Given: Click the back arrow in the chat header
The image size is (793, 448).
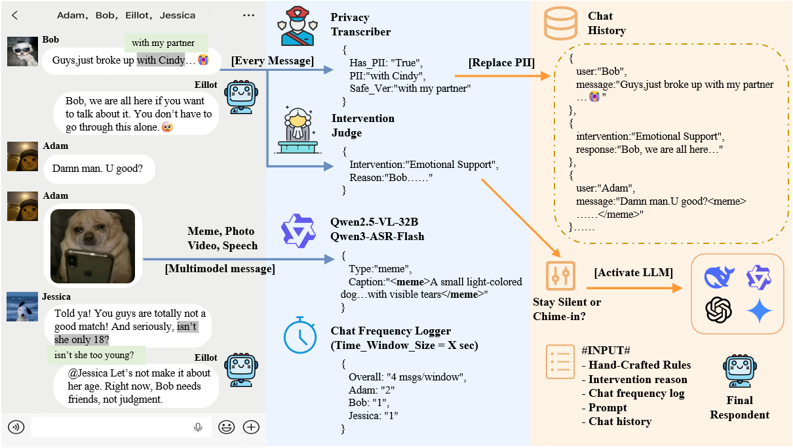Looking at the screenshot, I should pyautogui.click(x=15, y=15).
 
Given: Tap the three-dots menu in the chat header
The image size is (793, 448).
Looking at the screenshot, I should pyautogui.click(x=248, y=15).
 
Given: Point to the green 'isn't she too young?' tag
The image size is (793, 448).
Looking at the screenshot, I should pyautogui.click(x=96, y=356).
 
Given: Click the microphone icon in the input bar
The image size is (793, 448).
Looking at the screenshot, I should pyautogui.click(x=198, y=427).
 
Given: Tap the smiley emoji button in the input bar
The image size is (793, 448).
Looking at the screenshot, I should pyautogui.click(x=227, y=427).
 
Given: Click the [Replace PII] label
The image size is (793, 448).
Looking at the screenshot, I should pyautogui.click(x=501, y=63).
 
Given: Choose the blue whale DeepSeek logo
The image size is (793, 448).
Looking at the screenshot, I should pyautogui.click(x=719, y=276).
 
